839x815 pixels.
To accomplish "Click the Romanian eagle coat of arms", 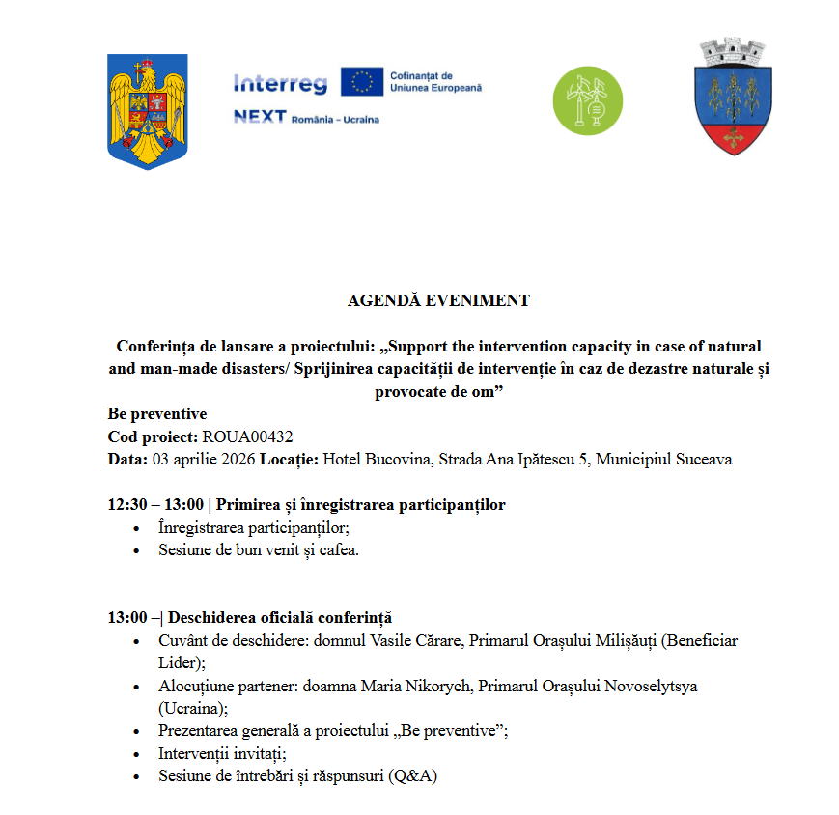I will pos(148,111).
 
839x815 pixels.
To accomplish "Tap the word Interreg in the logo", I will pos(280,84).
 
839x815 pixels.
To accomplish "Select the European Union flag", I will pos(361,82).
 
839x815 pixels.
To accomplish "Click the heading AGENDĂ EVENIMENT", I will pos(438,300).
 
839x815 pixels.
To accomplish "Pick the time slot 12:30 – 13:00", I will pos(155,504).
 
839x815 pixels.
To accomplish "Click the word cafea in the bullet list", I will pos(340,549).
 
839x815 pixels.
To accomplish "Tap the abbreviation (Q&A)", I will pos(419,775).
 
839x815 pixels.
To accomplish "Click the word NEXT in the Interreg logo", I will pos(260,117).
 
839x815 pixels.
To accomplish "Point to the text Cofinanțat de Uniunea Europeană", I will pos(435,82).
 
